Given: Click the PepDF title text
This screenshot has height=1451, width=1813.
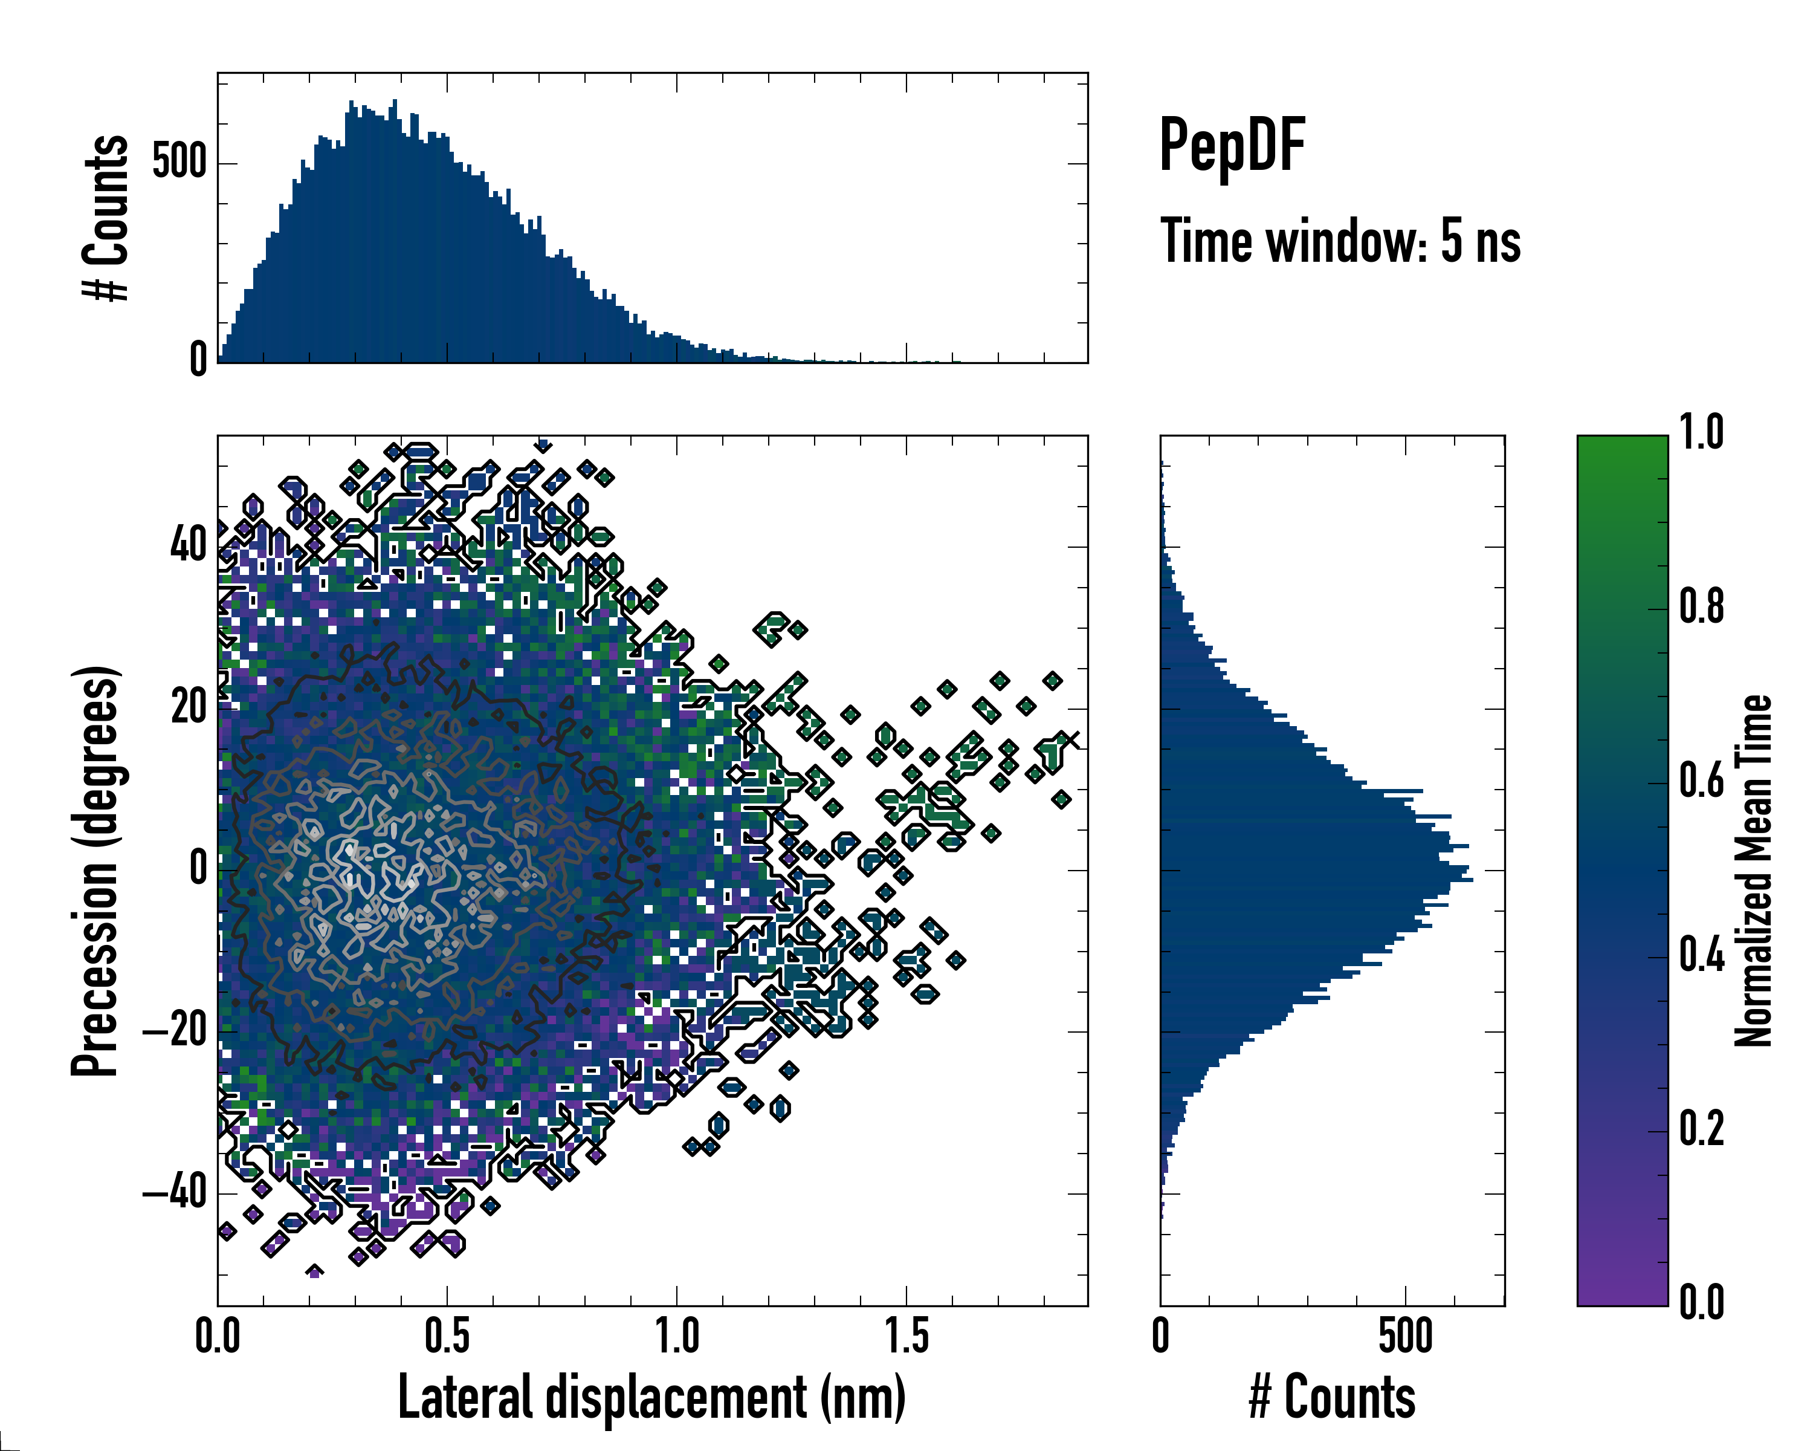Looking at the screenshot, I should point(1232,146).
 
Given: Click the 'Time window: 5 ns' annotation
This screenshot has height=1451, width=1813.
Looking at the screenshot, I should point(1340,241).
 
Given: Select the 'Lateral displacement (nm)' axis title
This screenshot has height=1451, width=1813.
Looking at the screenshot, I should point(651,1397).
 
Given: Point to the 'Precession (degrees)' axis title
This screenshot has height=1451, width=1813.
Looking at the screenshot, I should point(95,871).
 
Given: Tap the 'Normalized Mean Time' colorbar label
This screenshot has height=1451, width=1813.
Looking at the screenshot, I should point(1753,871).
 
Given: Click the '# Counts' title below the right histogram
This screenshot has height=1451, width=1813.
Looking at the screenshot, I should point(1332,1397).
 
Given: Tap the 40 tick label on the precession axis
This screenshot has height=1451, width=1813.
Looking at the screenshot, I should point(189,546).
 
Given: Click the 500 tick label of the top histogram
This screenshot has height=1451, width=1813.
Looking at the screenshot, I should point(179,163).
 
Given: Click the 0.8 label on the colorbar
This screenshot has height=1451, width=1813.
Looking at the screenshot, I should point(1701,608).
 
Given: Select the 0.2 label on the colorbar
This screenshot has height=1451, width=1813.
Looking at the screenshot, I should point(1701,1129).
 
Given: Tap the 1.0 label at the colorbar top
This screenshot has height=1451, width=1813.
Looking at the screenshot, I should point(1701,433).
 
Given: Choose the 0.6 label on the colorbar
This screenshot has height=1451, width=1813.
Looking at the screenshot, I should point(1701,782).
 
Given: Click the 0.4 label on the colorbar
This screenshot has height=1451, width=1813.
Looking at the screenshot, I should point(1701,956).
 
